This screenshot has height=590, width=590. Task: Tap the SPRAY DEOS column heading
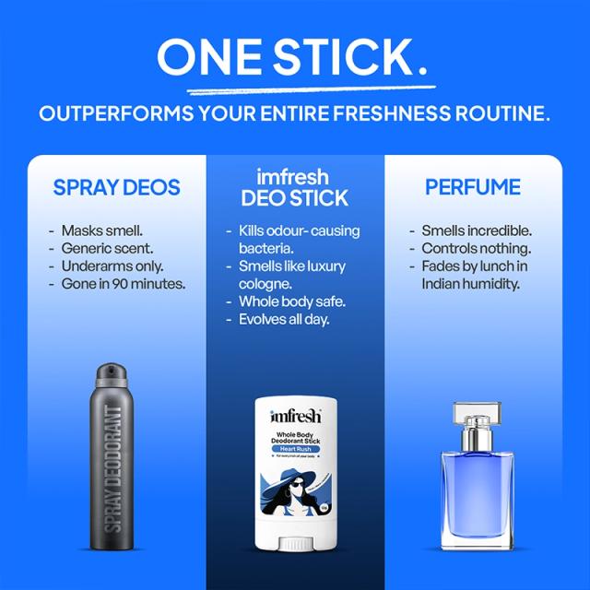pyautogui.click(x=116, y=187)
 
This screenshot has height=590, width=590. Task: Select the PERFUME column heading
pyautogui.click(x=473, y=187)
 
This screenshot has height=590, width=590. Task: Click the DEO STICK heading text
pyautogui.click(x=295, y=198)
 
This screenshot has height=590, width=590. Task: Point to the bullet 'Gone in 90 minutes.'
pyautogui.click(x=124, y=284)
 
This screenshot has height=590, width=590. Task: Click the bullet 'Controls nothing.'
pyautogui.click(x=476, y=249)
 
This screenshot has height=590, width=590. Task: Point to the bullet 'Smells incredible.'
pyautogui.click(x=477, y=230)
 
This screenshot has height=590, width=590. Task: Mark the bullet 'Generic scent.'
pyautogui.click(x=106, y=249)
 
